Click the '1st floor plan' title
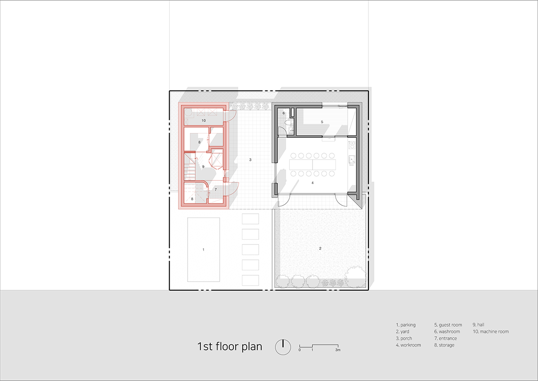point(230,346)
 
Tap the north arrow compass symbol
point(283,347)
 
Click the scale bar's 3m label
point(338,350)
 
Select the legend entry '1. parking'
point(406,325)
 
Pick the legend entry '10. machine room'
point(491,332)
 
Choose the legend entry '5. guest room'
point(448,325)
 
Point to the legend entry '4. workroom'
point(408,345)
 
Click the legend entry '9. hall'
point(478,325)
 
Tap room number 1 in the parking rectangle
point(203,249)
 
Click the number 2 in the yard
point(320,248)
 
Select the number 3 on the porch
point(250,160)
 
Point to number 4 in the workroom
point(312,183)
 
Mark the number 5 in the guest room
point(322,122)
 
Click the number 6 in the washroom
point(283,113)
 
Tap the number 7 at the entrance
point(216,189)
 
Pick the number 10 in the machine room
point(203,120)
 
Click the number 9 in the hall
point(203,167)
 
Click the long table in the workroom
point(312,165)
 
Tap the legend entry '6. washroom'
point(447,332)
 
